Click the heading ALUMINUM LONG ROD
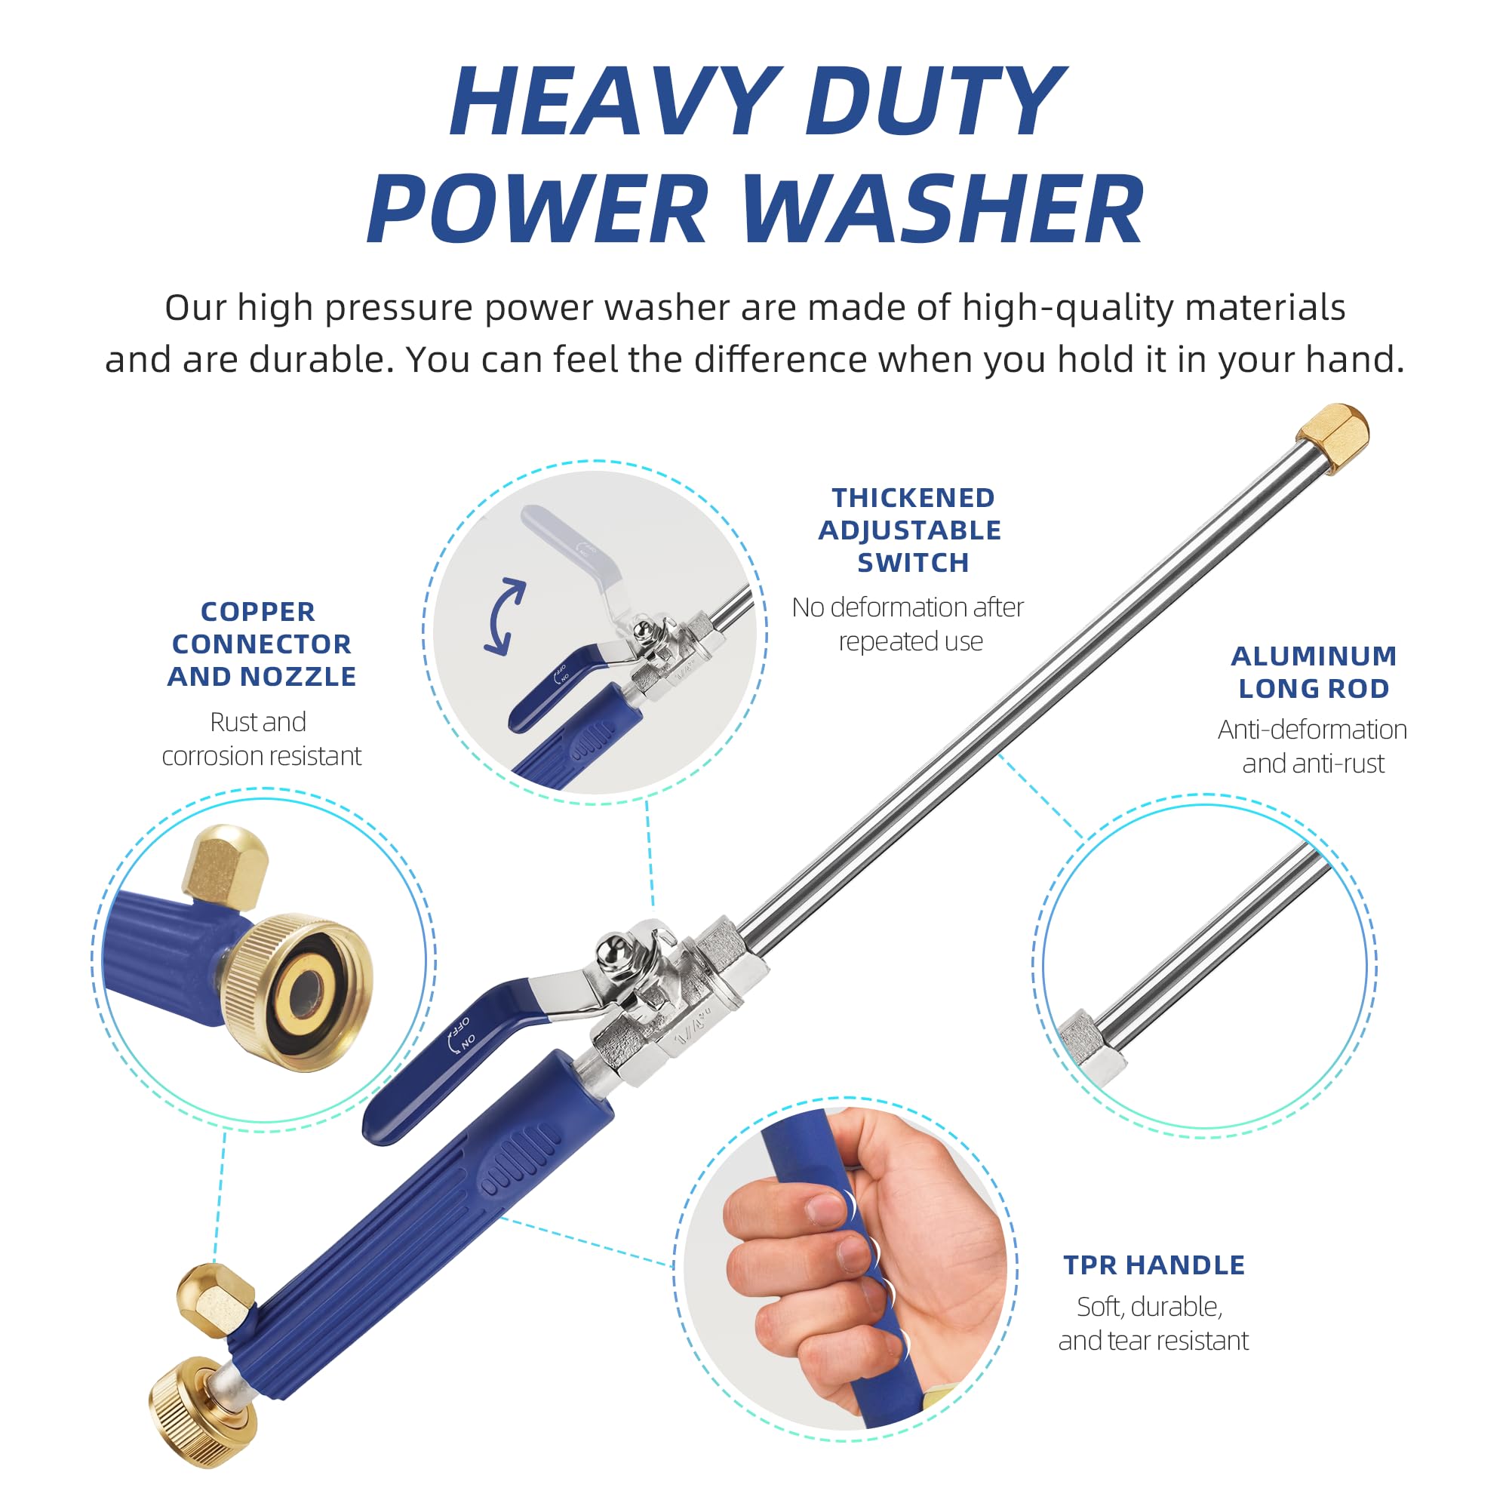coord(1314,672)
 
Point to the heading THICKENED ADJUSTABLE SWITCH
coord(911,530)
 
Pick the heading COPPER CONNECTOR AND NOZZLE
coord(262,644)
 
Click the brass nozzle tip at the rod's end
coord(1332,438)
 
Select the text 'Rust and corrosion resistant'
coord(262,739)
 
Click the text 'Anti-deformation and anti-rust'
coord(1313,746)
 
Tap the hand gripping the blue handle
coord(859,1246)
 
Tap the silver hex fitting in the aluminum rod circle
coord(1093,1046)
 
